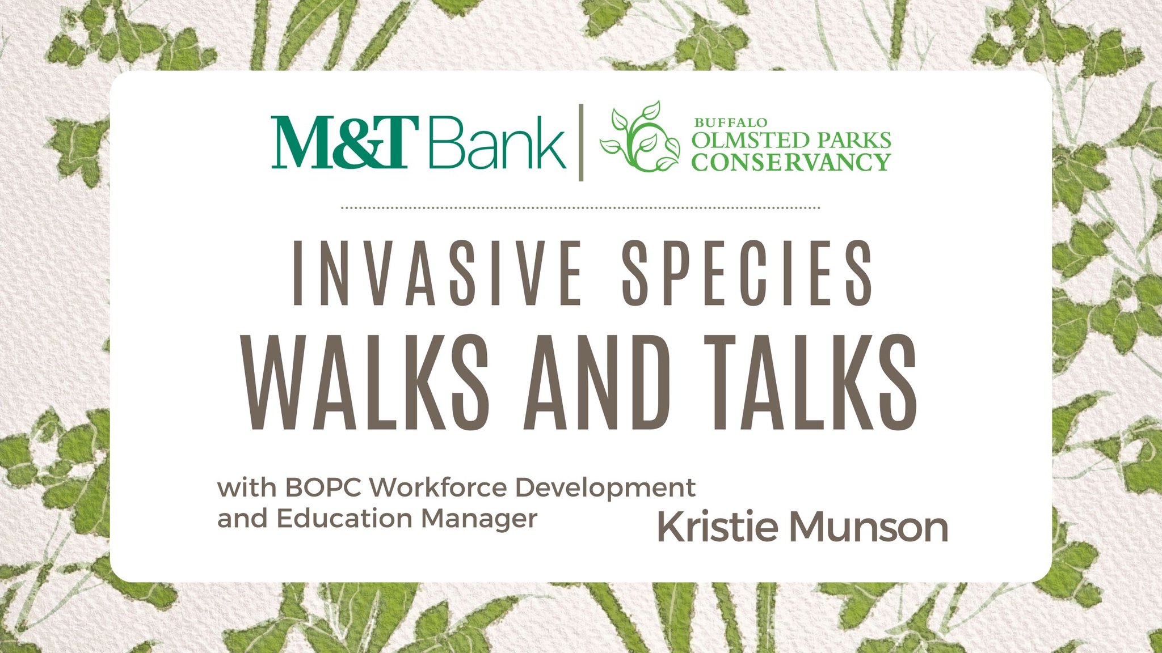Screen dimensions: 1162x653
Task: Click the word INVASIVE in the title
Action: tap(437, 273)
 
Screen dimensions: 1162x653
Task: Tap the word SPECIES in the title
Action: tap(747, 273)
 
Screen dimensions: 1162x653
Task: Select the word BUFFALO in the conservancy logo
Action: tap(731, 122)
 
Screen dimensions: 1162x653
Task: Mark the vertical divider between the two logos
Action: tap(581, 143)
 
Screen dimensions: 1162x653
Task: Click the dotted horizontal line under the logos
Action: tap(580, 208)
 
